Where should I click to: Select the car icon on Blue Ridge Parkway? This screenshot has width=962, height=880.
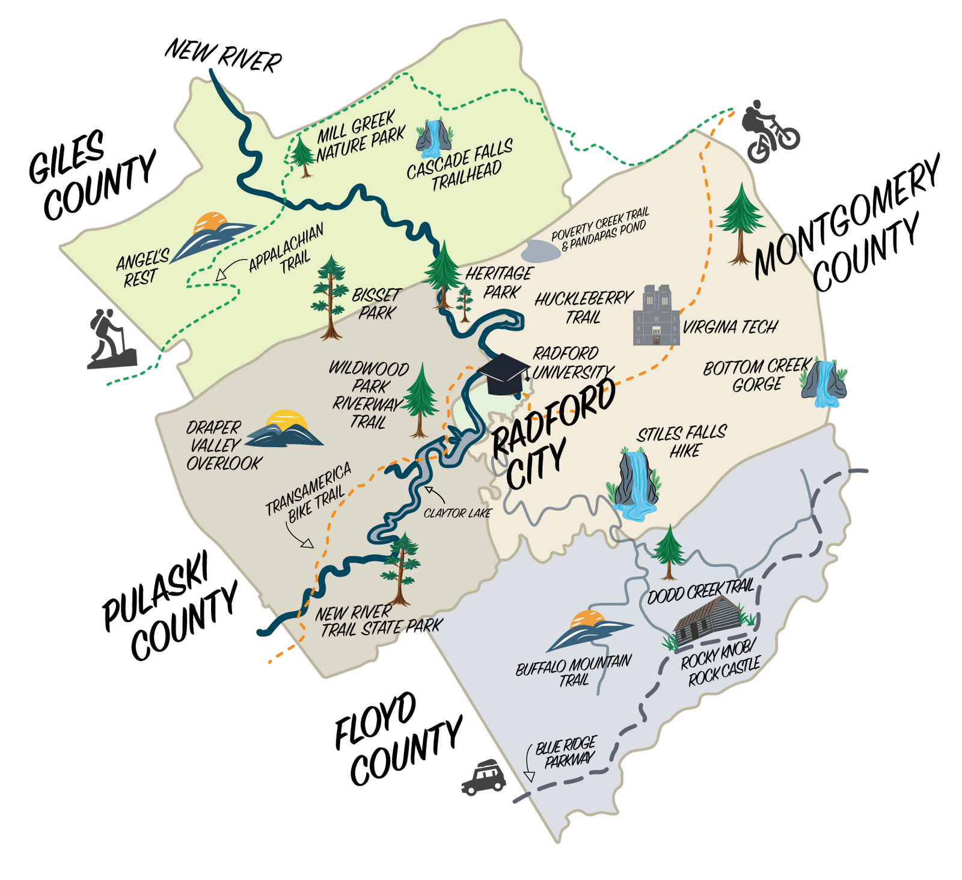(483, 777)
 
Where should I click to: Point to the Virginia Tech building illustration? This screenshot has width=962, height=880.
(656, 315)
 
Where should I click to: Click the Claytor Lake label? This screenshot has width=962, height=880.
(457, 513)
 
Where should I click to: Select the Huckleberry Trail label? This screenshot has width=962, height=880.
(584, 307)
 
